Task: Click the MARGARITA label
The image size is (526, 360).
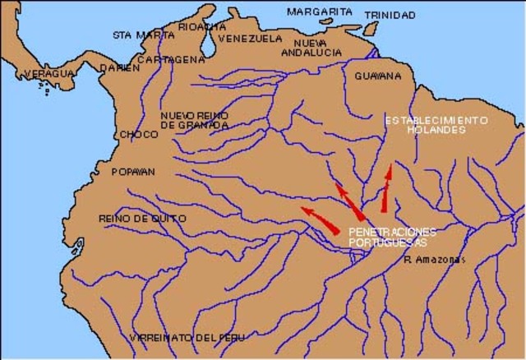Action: click(x=319, y=12)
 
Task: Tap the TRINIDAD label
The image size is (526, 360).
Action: click(x=390, y=15)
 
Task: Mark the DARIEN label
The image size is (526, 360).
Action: click(x=115, y=68)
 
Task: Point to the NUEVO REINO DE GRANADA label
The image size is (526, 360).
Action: click(x=194, y=120)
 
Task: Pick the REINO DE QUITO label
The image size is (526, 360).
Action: click(x=142, y=218)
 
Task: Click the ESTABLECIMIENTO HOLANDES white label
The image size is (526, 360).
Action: click(x=436, y=125)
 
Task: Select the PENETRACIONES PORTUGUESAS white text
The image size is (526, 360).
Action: click(x=392, y=237)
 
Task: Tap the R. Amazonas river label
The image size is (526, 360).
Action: click(x=435, y=261)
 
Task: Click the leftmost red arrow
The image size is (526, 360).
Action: click(x=321, y=219)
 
